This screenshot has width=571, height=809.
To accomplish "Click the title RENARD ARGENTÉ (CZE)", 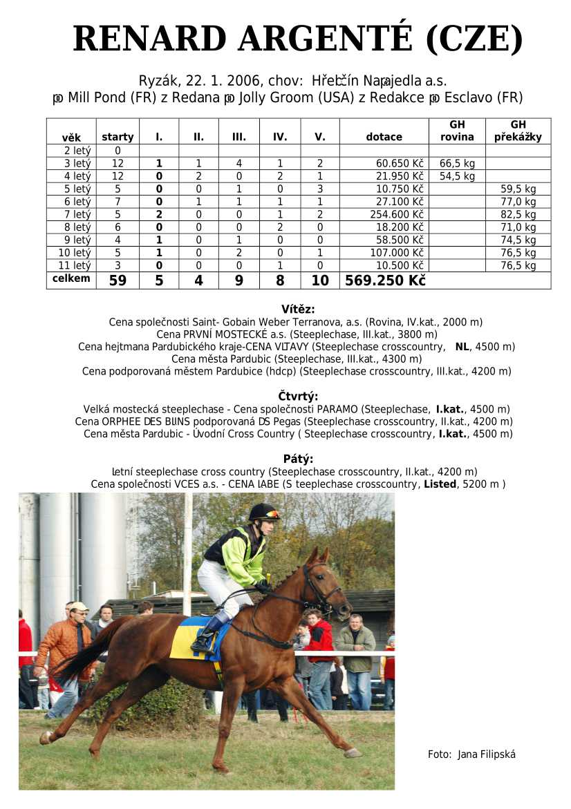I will tap(297, 39).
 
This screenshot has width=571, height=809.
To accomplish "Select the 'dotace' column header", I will tap(384, 137).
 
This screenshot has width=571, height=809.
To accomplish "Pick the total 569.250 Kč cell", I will tap(384, 280).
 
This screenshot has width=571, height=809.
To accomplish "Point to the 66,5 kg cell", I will tap(457, 164).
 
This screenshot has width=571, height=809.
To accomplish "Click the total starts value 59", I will tap(118, 280).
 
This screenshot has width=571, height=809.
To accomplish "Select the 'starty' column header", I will tap(118, 137).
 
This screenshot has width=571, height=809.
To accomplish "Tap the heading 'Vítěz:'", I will tap(298, 310).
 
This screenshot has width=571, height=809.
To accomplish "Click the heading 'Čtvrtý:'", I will tap(298, 397).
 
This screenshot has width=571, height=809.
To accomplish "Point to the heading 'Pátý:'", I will tap(298, 459).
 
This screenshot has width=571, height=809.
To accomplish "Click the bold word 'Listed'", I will tap(440, 484).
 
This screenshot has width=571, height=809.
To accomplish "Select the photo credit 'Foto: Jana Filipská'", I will tap(471, 754).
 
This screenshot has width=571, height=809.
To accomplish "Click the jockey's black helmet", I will tap(263, 512).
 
